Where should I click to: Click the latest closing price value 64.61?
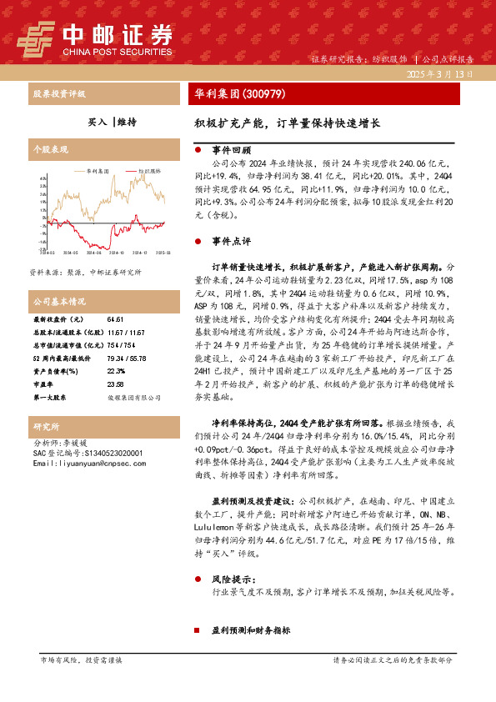tap(115, 319)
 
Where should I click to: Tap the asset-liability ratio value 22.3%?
tap(116, 371)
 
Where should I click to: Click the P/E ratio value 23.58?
tap(115, 384)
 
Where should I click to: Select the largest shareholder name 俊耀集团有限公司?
tap(134, 399)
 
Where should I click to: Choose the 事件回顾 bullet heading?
tap(232, 151)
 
